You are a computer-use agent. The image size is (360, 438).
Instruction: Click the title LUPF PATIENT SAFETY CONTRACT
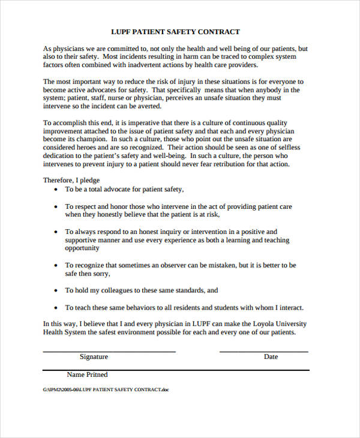[x=175, y=32]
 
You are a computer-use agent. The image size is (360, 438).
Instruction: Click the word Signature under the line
[x=94, y=357]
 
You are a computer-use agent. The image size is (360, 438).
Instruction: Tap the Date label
[x=271, y=357]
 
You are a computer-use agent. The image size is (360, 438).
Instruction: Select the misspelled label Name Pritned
[x=87, y=375]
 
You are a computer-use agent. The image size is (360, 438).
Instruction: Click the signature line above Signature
[x=109, y=352]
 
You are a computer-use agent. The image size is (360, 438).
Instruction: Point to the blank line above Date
[x=264, y=352]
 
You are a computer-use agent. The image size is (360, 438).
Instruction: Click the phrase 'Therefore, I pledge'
[x=71, y=180]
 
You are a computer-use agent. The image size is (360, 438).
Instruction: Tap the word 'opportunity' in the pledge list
[x=82, y=248]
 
